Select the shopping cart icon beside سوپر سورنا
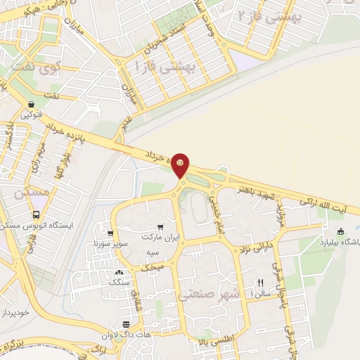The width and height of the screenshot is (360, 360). click(110, 233)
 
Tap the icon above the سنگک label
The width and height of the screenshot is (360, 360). click(118, 272)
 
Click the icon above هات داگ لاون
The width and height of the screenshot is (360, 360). click(126, 324)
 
